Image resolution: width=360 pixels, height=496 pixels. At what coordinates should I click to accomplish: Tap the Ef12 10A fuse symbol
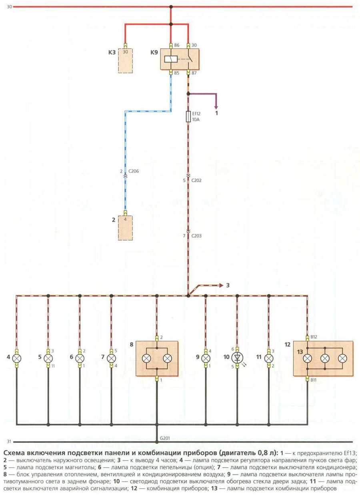click(188, 117)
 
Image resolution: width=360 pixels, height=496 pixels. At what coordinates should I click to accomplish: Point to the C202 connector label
click(197, 180)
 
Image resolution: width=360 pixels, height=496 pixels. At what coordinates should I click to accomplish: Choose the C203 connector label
click(197, 236)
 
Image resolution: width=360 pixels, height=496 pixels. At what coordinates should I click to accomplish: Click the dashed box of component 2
click(125, 228)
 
